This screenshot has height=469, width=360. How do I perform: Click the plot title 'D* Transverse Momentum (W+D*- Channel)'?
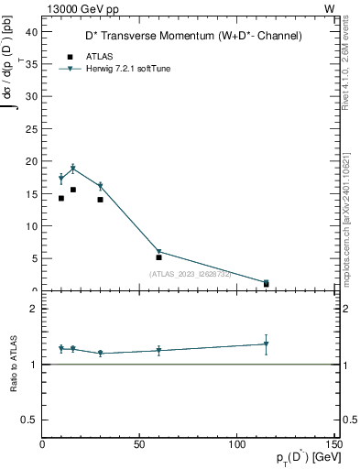[x=187, y=36]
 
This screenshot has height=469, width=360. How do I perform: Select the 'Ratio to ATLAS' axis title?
[x=14, y=364]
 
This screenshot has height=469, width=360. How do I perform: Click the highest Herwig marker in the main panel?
[x=73, y=169]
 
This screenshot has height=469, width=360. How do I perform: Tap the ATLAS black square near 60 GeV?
[x=158, y=257]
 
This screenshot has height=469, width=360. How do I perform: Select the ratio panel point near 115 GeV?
[x=266, y=344]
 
